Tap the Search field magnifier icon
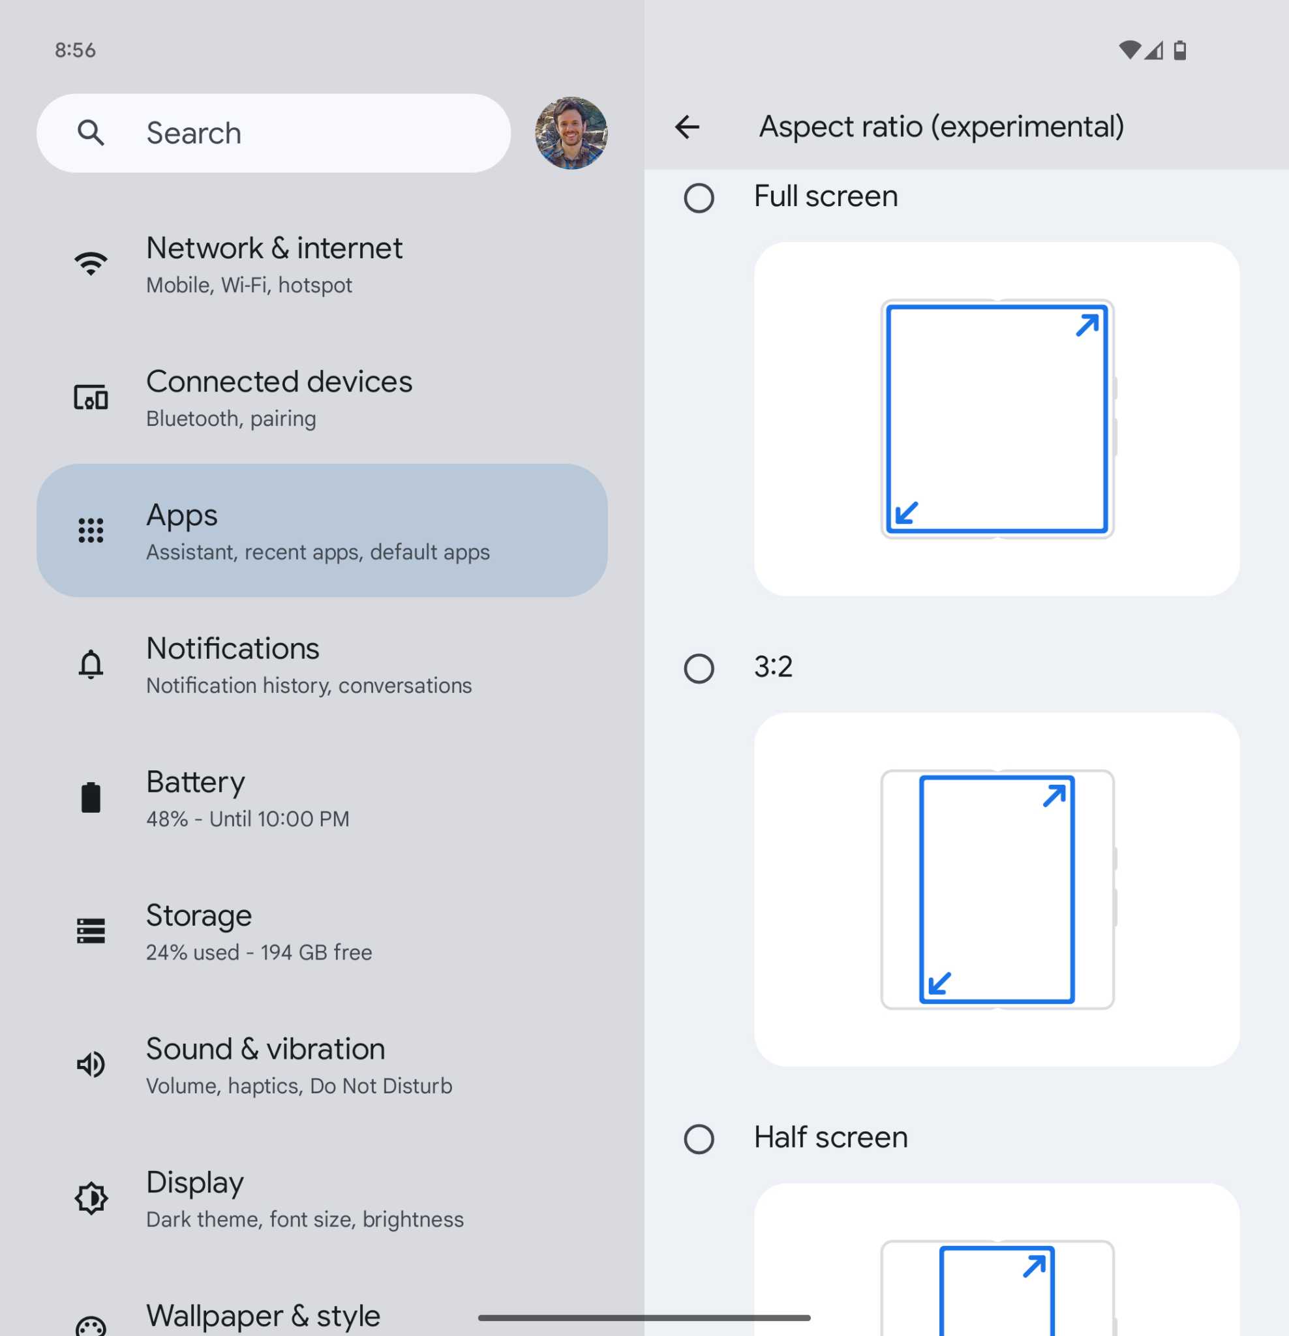point(91,133)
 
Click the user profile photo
point(571,133)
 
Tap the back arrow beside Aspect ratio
point(687,127)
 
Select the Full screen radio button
point(699,198)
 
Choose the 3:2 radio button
point(699,668)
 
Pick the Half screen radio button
point(699,1138)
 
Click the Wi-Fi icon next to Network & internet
point(91,264)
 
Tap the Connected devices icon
point(91,397)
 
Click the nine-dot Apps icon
point(91,530)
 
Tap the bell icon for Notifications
point(91,664)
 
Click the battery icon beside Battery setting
point(91,798)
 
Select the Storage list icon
point(91,930)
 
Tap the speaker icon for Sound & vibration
point(91,1064)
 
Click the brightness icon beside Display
point(91,1198)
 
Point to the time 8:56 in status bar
point(75,50)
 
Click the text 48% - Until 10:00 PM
point(247,819)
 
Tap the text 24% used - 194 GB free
point(259,952)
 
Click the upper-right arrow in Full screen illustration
point(1087,325)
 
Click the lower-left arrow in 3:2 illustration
point(939,984)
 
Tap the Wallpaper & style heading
point(263,1316)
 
